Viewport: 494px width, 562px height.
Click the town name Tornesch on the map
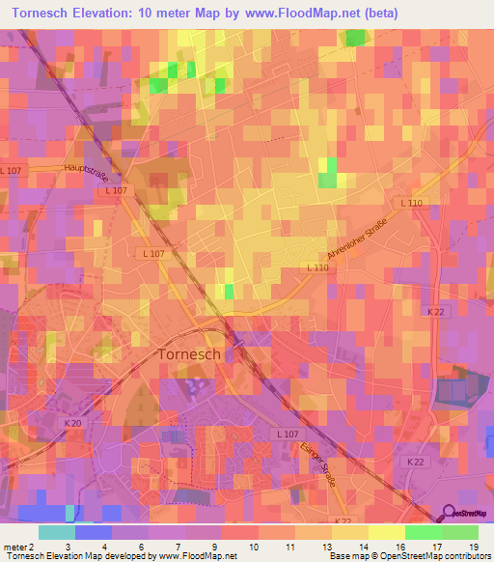click(x=189, y=354)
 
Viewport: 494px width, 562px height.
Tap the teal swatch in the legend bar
click(x=57, y=532)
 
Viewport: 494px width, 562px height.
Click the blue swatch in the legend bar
click(x=94, y=532)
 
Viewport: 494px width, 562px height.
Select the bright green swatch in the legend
click(x=423, y=532)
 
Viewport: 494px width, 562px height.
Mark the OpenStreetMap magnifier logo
click(x=450, y=513)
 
